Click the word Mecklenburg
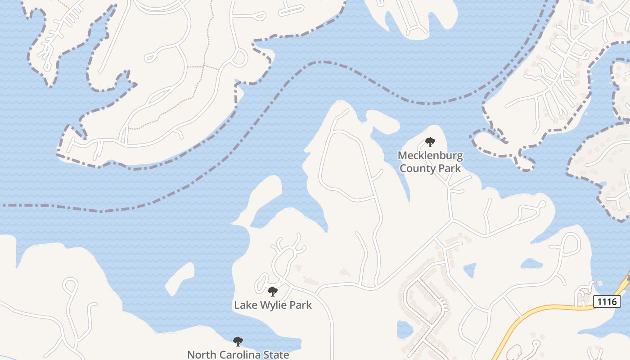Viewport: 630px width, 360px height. click(x=430, y=156)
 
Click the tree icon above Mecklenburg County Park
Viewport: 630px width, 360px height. click(x=430, y=143)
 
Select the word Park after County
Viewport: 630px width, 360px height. click(x=451, y=168)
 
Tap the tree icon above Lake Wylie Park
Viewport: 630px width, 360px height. click(x=272, y=292)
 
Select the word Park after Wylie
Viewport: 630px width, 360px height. click(x=300, y=305)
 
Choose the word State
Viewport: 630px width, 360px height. click(x=276, y=355)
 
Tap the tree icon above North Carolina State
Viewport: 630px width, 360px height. click(x=238, y=342)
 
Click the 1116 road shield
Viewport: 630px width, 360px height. click(x=607, y=301)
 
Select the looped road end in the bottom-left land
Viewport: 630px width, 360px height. click(x=71, y=285)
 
